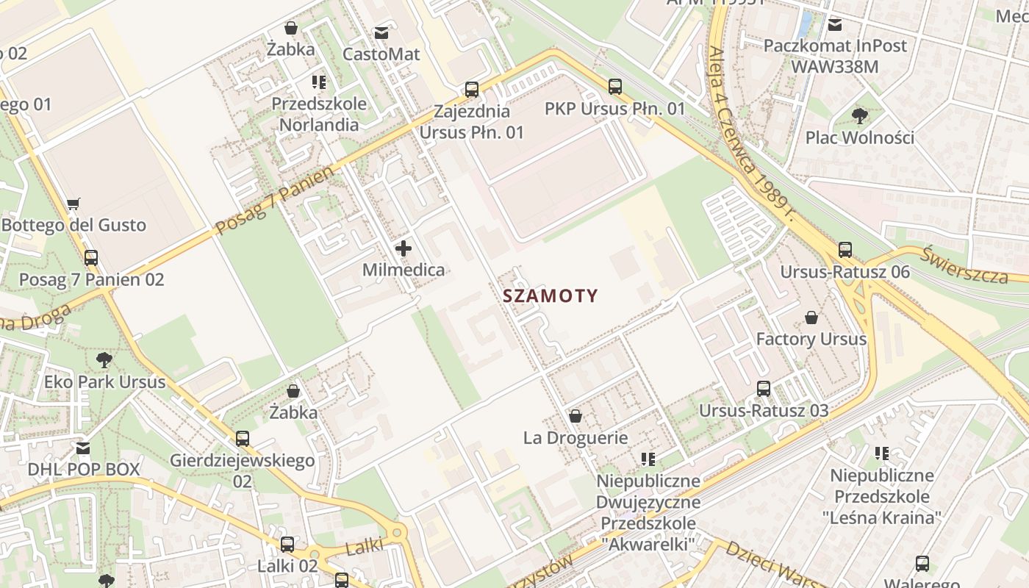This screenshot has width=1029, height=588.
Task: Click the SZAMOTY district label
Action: point(551,296)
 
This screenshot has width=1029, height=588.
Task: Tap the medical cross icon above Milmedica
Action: point(403,248)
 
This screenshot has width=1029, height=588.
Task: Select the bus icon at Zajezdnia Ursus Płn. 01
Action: point(472,90)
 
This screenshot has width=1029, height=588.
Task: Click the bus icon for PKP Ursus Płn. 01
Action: point(615,86)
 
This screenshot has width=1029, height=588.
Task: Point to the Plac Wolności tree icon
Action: point(859,115)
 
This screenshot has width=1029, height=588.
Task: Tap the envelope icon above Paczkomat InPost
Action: point(835,24)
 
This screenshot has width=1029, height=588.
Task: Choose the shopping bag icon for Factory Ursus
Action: point(811,318)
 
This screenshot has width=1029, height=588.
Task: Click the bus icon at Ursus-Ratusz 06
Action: point(845,250)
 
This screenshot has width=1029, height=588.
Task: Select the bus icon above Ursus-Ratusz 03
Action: point(764,389)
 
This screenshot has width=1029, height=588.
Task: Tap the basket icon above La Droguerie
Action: point(576,417)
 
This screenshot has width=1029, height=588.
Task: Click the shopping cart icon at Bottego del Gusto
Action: point(73,204)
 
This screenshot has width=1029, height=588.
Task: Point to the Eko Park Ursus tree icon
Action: point(104,360)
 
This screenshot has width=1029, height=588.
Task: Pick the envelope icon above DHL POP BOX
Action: point(83,448)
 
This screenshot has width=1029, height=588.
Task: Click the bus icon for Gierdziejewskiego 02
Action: point(243,439)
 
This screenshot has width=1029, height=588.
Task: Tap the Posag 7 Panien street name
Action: point(274,200)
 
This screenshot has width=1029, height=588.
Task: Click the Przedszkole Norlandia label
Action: point(319,114)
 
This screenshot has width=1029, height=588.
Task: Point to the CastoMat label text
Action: point(381,54)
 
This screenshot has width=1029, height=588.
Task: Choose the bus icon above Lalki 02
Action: point(287,545)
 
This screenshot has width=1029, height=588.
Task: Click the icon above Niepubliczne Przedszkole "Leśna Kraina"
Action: point(881,453)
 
